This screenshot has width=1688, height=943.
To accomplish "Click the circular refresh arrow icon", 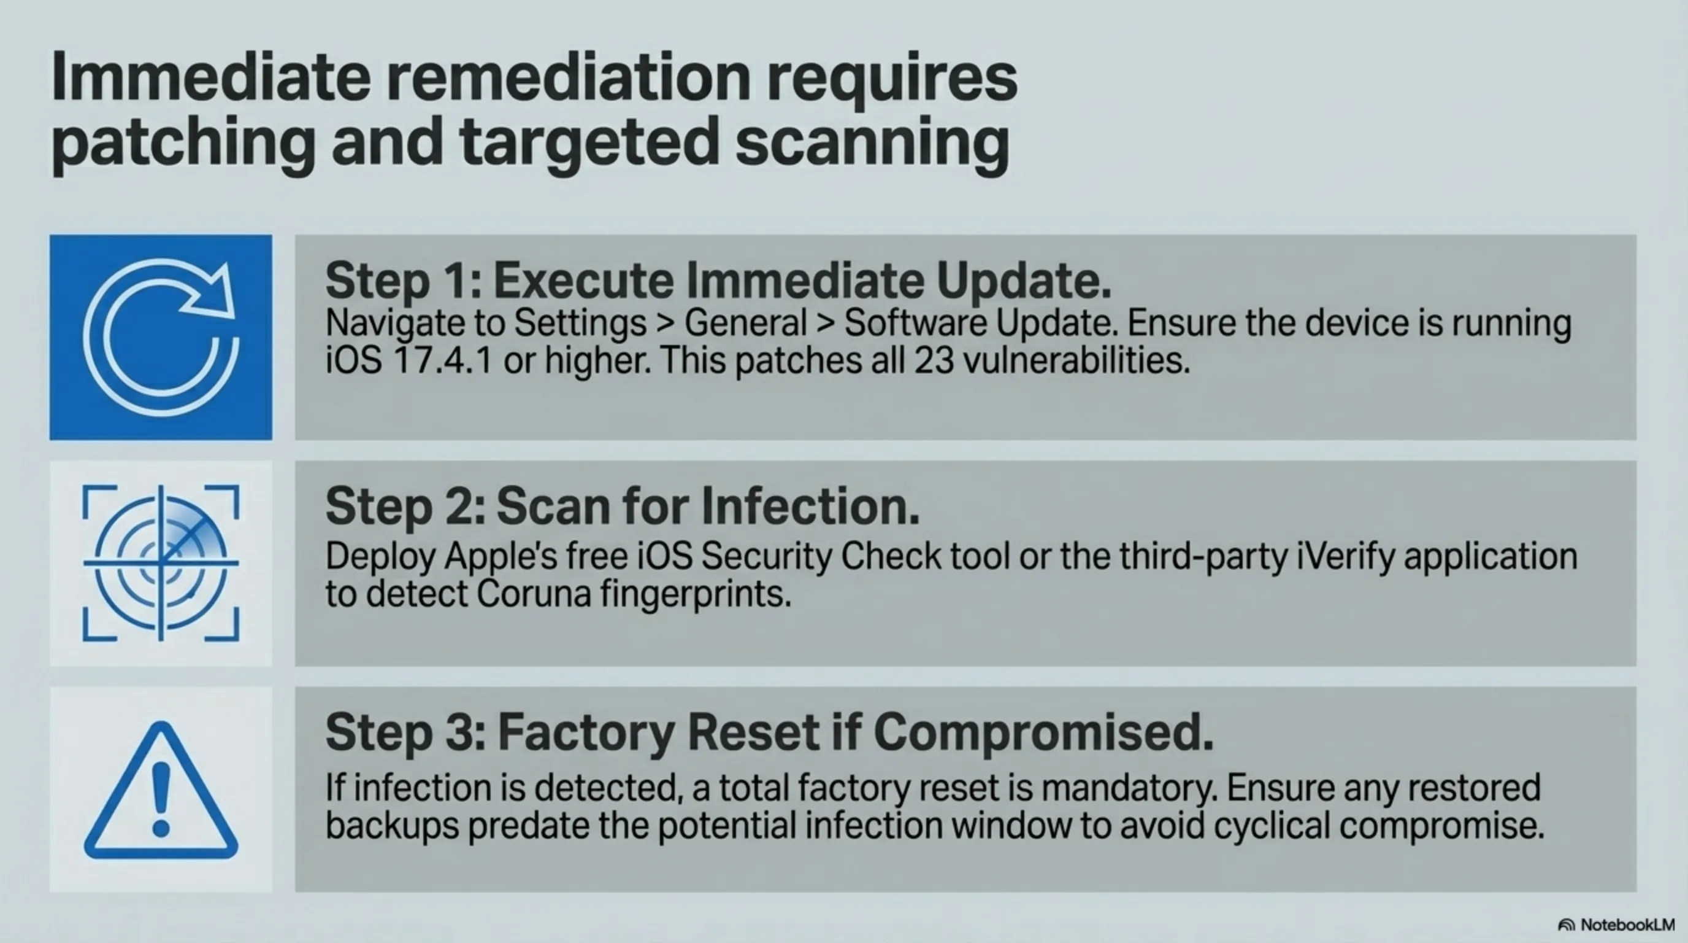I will pos(161,337).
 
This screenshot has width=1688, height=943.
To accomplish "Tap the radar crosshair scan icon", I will pos(161,562).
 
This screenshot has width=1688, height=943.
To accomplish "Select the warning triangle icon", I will pos(161,791).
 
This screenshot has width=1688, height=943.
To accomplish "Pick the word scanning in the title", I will pos(872,142).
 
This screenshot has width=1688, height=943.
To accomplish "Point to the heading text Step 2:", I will pos(405,506).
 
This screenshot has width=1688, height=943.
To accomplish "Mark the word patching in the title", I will pos(183,142).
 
